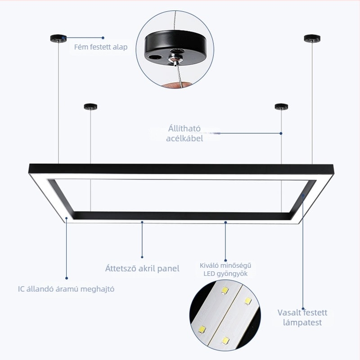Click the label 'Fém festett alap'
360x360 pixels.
(100, 47)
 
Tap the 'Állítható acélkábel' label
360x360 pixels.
(184, 133)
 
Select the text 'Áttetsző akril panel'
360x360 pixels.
(142, 268)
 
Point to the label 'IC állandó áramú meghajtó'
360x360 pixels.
(66, 289)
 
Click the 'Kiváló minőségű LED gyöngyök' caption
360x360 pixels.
(225, 270)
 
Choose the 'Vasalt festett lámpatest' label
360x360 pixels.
(302, 318)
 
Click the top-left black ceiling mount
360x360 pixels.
(58, 38)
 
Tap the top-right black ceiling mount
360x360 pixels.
(312, 38)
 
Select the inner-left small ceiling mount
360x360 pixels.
(90, 107)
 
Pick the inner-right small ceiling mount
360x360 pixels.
(282, 107)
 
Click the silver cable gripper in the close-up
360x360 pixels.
(175, 58)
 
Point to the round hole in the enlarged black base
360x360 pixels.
(154, 58)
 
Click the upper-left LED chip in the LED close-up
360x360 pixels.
(225, 290)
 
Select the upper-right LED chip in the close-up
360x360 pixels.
(248, 301)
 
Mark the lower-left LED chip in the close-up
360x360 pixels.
(202, 330)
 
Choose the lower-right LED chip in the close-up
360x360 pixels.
(225, 341)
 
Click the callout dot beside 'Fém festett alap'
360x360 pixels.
(103, 38)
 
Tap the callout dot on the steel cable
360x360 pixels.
(281, 133)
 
